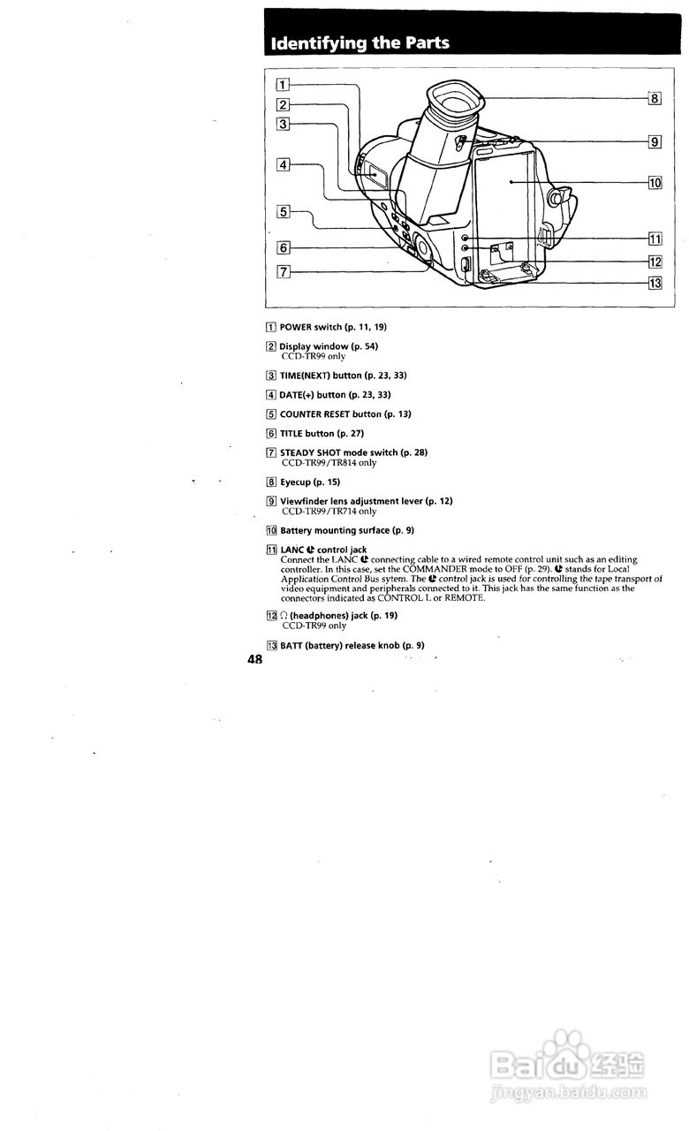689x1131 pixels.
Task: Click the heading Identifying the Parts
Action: tap(360, 43)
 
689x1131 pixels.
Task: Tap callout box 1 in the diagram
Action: tap(282, 86)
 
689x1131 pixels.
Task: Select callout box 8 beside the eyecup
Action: tap(655, 98)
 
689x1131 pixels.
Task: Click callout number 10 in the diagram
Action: tap(655, 183)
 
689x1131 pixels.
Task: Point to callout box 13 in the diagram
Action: tap(655, 284)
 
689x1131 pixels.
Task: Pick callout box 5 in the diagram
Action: tap(283, 211)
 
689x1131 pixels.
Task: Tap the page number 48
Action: tap(255, 660)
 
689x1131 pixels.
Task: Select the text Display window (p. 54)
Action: tap(329, 346)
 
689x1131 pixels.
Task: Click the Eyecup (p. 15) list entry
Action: tap(309, 482)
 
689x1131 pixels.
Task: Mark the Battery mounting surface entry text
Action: tap(347, 530)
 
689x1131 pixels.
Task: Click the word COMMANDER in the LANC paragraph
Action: tap(435, 570)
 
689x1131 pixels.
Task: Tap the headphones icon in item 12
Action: tap(284, 616)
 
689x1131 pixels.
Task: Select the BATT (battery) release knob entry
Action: tap(352, 646)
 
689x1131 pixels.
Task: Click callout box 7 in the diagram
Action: tap(283, 271)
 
